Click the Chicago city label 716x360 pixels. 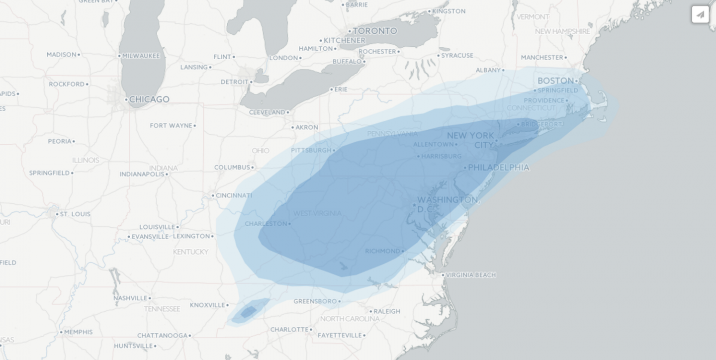(149, 99)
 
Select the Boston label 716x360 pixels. (555, 81)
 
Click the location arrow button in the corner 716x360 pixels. (700, 14)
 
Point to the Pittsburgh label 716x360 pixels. (311, 150)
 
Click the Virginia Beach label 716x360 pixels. (470, 275)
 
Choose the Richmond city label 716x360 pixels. (382, 251)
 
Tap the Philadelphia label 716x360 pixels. (498, 168)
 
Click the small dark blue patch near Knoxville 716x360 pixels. (248, 312)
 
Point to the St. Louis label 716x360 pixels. (75, 214)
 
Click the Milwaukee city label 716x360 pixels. (141, 56)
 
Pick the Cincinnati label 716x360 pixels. (234, 195)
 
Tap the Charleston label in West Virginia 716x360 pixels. (266, 224)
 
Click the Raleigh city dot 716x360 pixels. (370, 311)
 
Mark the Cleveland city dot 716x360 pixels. (288, 112)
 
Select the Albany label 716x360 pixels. (488, 70)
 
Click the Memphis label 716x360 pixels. (78, 332)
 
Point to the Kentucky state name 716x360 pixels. (190, 252)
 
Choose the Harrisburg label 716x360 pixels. (441, 156)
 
